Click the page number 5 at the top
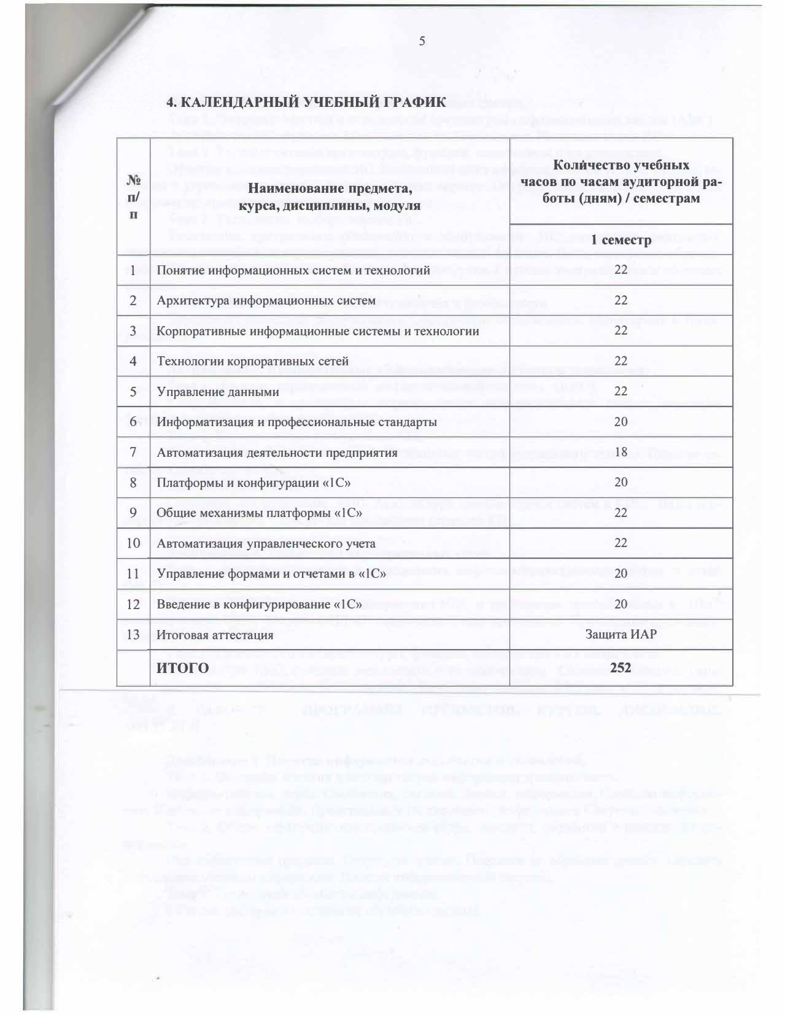[422, 42]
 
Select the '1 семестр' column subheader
[621, 240]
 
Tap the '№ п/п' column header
[134, 196]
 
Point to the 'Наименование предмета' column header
[330, 196]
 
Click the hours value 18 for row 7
[621, 453]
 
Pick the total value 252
[621, 667]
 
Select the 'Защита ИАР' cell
[621, 635]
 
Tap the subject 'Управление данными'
[218, 392]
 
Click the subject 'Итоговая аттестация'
[215, 636]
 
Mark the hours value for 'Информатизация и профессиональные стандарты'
[621, 422]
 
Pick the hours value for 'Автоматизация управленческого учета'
[621, 543]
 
